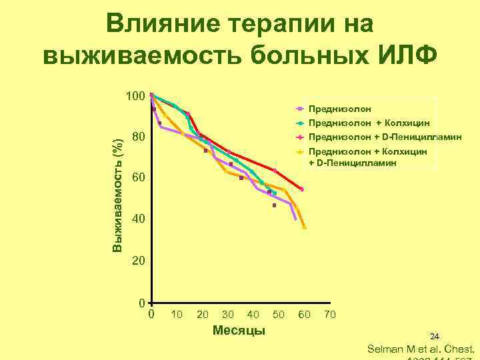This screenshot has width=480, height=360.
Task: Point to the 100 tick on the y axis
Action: [136, 97]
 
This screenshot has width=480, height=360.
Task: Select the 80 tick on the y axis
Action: [139, 138]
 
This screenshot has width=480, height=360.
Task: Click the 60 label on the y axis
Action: [139, 179]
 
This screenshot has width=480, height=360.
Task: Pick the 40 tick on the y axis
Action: [139, 219]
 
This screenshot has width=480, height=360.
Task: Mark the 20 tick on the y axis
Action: [139, 260]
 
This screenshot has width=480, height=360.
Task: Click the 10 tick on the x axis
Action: [177, 314]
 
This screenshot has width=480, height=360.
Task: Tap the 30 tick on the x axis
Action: [228, 314]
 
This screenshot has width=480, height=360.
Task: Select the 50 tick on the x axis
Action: [279, 314]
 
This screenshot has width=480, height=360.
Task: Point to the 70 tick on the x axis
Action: [329, 314]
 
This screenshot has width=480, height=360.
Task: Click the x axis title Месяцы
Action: [238, 331]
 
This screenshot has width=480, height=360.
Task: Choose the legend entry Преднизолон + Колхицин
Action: [369, 123]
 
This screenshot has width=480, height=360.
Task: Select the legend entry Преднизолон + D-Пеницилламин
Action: [385, 137]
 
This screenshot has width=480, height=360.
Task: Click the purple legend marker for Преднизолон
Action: [299, 108]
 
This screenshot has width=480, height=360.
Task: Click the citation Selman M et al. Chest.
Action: [421, 349]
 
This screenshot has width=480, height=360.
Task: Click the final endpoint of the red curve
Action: [302, 189]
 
